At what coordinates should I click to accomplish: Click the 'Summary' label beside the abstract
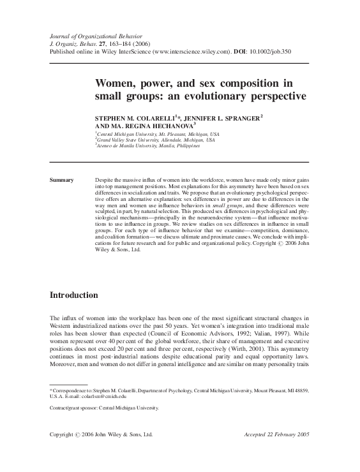pos(62,181)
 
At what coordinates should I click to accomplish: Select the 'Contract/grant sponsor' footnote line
pos(104,407)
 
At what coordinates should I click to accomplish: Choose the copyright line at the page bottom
pos(101,435)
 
